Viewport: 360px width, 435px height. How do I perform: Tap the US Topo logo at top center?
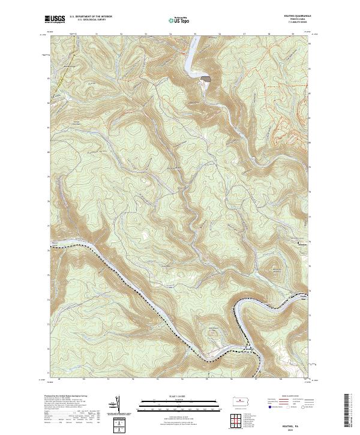tap(179, 20)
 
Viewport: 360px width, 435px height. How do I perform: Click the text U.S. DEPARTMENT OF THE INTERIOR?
tap(91, 17)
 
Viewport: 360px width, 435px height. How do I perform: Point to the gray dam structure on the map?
tap(206, 78)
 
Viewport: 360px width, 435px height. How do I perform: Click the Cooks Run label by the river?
tap(304, 299)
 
